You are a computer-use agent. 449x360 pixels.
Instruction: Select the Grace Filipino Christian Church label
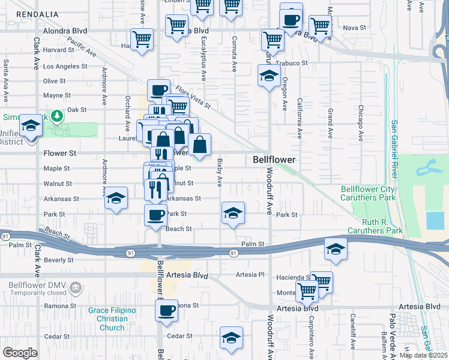(x=112, y=319)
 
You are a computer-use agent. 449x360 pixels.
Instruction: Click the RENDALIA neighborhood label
(x=37, y=14)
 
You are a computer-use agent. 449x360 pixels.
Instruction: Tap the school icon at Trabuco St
(x=269, y=76)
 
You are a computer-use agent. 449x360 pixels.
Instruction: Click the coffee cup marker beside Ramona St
(x=166, y=310)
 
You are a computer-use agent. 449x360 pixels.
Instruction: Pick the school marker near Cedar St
(x=231, y=338)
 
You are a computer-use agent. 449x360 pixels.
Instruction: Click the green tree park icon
(x=57, y=115)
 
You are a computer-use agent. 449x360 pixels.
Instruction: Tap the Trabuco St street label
(x=292, y=63)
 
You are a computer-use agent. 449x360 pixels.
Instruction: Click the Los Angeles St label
(x=66, y=66)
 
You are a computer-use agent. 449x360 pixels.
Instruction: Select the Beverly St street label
(x=58, y=260)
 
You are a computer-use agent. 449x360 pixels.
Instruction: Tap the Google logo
(x=20, y=353)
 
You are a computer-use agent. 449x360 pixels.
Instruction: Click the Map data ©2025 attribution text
(x=424, y=355)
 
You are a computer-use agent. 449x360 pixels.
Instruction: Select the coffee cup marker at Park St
(x=156, y=215)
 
